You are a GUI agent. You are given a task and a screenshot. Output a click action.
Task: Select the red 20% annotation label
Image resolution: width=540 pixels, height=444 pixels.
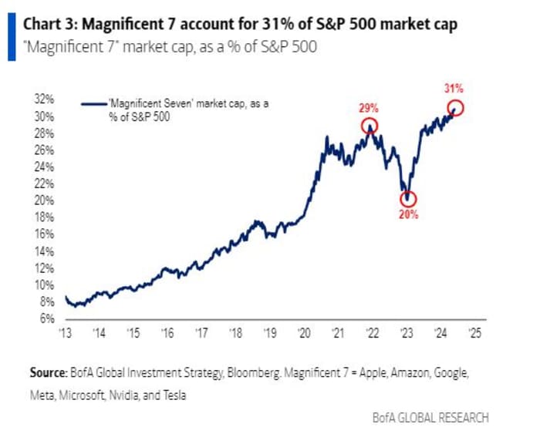pyautogui.click(x=408, y=215)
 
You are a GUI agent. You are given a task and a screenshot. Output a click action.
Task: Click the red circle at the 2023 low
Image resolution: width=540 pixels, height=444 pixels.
pyautogui.click(x=408, y=199)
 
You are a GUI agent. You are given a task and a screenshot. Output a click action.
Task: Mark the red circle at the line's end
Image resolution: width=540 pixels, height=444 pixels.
pyautogui.click(x=456, y=108)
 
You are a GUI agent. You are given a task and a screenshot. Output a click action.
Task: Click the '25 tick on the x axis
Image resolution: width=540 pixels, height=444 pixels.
pyautogui.click(x=474, y=334)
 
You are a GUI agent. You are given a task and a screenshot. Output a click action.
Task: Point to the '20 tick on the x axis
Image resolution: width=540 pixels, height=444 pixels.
pyautogui.click(x=303, y=334)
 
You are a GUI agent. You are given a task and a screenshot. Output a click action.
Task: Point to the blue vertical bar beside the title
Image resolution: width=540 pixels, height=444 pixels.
pyautogui.click(x=10, y=36)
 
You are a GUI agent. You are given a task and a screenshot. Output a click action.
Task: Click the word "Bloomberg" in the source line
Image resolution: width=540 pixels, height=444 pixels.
pyautogui.click(x=251, y=372)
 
